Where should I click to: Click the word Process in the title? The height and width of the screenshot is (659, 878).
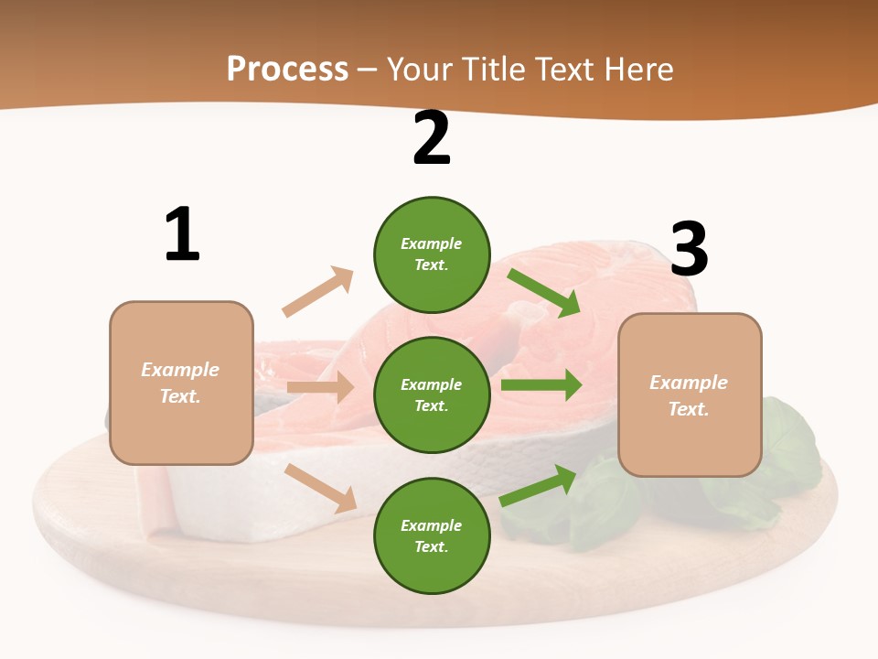[x=287, y=69]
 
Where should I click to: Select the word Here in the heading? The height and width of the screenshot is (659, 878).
[x=637, y=69]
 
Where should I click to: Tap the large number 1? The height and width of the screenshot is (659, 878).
[x=182, y=234]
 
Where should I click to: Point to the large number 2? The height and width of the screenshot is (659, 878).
[x=432, y=139]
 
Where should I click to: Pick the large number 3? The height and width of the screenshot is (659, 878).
[x=689, y=249]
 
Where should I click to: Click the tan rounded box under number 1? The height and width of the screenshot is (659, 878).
[x=181, y=383]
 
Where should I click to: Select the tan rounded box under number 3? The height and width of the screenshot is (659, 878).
[x=690, y=394]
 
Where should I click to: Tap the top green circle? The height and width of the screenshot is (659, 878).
[x=432, y=254]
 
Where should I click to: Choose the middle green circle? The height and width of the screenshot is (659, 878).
[x=432, y=394]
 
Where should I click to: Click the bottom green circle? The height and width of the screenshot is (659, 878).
[x=432, y=535]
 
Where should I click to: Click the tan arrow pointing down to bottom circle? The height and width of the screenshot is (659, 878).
[x=321, y=488]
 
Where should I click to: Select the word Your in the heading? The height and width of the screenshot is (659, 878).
[x=422, y=69]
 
